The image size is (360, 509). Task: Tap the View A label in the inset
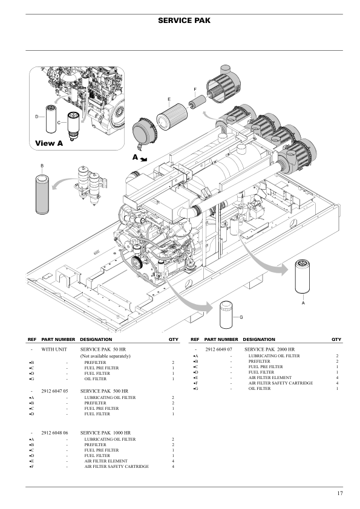[x=49, y=143]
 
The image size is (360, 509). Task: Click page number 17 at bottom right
[x=340, y=494]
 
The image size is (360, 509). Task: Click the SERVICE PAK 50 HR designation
[x=100, y=350]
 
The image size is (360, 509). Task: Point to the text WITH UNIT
[x=54, y=350]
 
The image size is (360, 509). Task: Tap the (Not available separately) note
[x=106, y=356]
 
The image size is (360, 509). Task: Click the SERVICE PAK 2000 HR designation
[x=269, y=350]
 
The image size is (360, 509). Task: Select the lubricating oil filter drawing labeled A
[x=302, y=279]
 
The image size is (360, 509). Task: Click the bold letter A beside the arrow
[x=136, y=157]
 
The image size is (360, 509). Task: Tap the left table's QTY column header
[x=172, y=340]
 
